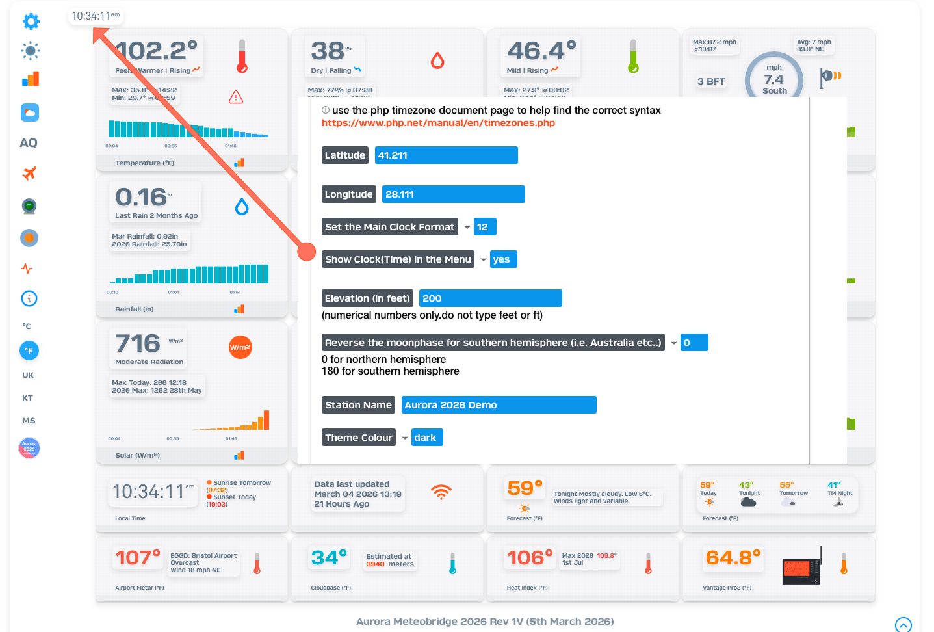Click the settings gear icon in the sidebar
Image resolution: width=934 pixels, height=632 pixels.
click(31, 21)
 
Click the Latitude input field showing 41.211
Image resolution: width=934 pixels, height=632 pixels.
click(446, 155)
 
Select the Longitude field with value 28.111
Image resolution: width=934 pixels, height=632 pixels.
click(453, 194)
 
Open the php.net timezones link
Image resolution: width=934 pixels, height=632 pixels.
click(438, 123)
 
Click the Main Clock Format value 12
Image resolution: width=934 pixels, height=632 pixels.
click(485, 227)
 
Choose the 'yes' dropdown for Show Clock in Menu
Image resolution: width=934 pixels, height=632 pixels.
click(503, 259)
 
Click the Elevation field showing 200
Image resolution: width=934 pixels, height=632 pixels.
click(490, 298)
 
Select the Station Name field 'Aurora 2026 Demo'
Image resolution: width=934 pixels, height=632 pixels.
click(499, 405)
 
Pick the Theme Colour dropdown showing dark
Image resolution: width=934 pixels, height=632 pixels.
click(427, 438)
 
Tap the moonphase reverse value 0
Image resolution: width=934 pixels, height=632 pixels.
click(694, 343)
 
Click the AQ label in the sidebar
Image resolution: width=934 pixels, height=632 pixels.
click(29, 143)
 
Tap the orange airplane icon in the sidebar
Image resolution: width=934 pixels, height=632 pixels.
click(29, 174)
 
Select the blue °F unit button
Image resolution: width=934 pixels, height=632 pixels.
click(29, 350)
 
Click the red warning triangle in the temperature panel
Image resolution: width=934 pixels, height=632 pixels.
click(236, 98)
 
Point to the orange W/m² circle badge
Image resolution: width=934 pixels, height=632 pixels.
click(240, 347)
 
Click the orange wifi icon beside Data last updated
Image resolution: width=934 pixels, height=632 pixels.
click(441, 492)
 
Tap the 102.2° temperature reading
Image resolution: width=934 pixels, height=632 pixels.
click(157, 51)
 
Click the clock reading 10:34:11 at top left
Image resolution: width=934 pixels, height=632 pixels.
click(95, 16)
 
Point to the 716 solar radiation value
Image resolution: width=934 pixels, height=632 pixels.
click(138, 343)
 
